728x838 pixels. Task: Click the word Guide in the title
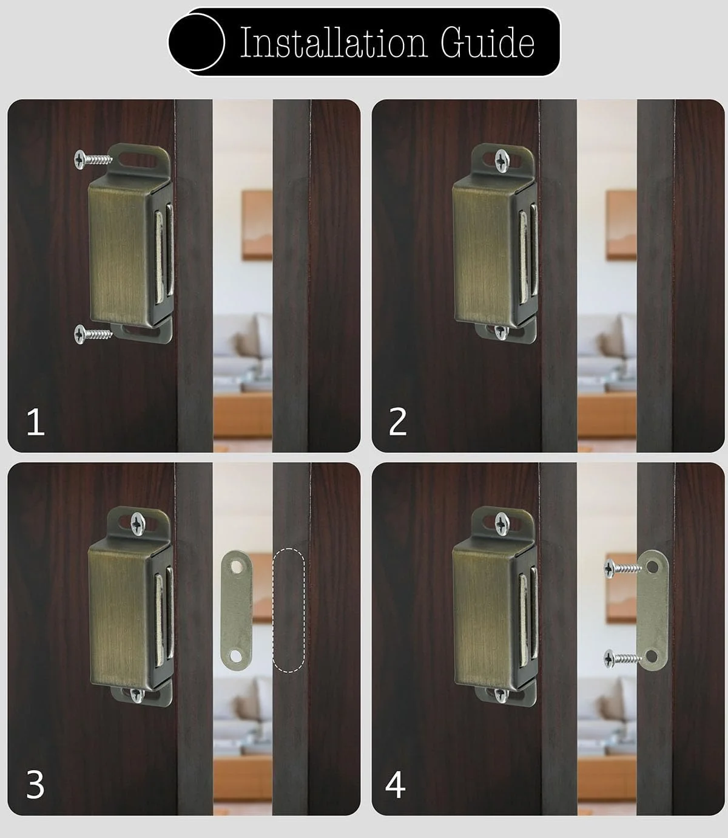point(487,43)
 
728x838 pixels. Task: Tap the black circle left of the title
point(197,42)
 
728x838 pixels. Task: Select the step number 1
point(35,422)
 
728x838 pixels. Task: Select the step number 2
point(397,422)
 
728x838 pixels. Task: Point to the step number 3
point(35,785)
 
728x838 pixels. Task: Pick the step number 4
point(396,785)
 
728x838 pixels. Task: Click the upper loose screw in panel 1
point(93,159)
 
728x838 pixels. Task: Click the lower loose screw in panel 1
point(93,334)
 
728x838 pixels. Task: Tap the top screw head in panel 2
point(502,160)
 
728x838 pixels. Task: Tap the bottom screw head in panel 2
point(501,332)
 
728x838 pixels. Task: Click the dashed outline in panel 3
point(289,610)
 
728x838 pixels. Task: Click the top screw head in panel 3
point(138,523)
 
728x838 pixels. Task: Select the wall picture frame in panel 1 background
point(257,225)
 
